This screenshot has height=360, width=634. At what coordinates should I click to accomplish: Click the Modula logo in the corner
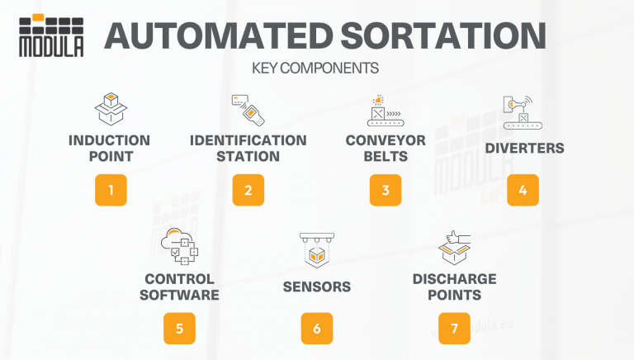[51, 36]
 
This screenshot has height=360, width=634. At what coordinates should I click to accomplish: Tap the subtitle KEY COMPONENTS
[316, 69]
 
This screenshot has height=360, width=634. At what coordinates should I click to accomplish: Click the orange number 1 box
[111, 189]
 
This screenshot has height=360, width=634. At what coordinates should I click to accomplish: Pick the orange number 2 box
[248, 189]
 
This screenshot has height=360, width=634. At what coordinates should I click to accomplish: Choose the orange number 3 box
[385, 189]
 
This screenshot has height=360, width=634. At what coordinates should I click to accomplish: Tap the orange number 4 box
[523, 189]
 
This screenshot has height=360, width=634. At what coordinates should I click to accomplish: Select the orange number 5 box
[179, 328]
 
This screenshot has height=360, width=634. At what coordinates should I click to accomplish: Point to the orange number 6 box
[316, 328]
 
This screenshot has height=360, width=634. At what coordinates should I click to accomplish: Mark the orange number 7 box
[454, 328]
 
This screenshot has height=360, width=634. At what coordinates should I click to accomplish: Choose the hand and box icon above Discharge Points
[454, 247]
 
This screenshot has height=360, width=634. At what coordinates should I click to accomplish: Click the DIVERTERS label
[524, 149]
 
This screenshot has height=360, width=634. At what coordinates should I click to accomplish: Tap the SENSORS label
[316, 287]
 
